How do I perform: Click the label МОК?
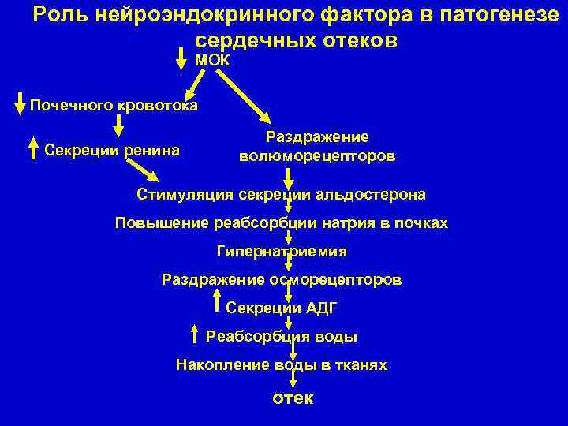[212, 60]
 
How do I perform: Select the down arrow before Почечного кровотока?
[21, 106]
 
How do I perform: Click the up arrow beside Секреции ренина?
[33, 148]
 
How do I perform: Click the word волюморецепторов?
[317, 156]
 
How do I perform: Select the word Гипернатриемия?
[282, 252]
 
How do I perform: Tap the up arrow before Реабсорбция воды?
[195, 334]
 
